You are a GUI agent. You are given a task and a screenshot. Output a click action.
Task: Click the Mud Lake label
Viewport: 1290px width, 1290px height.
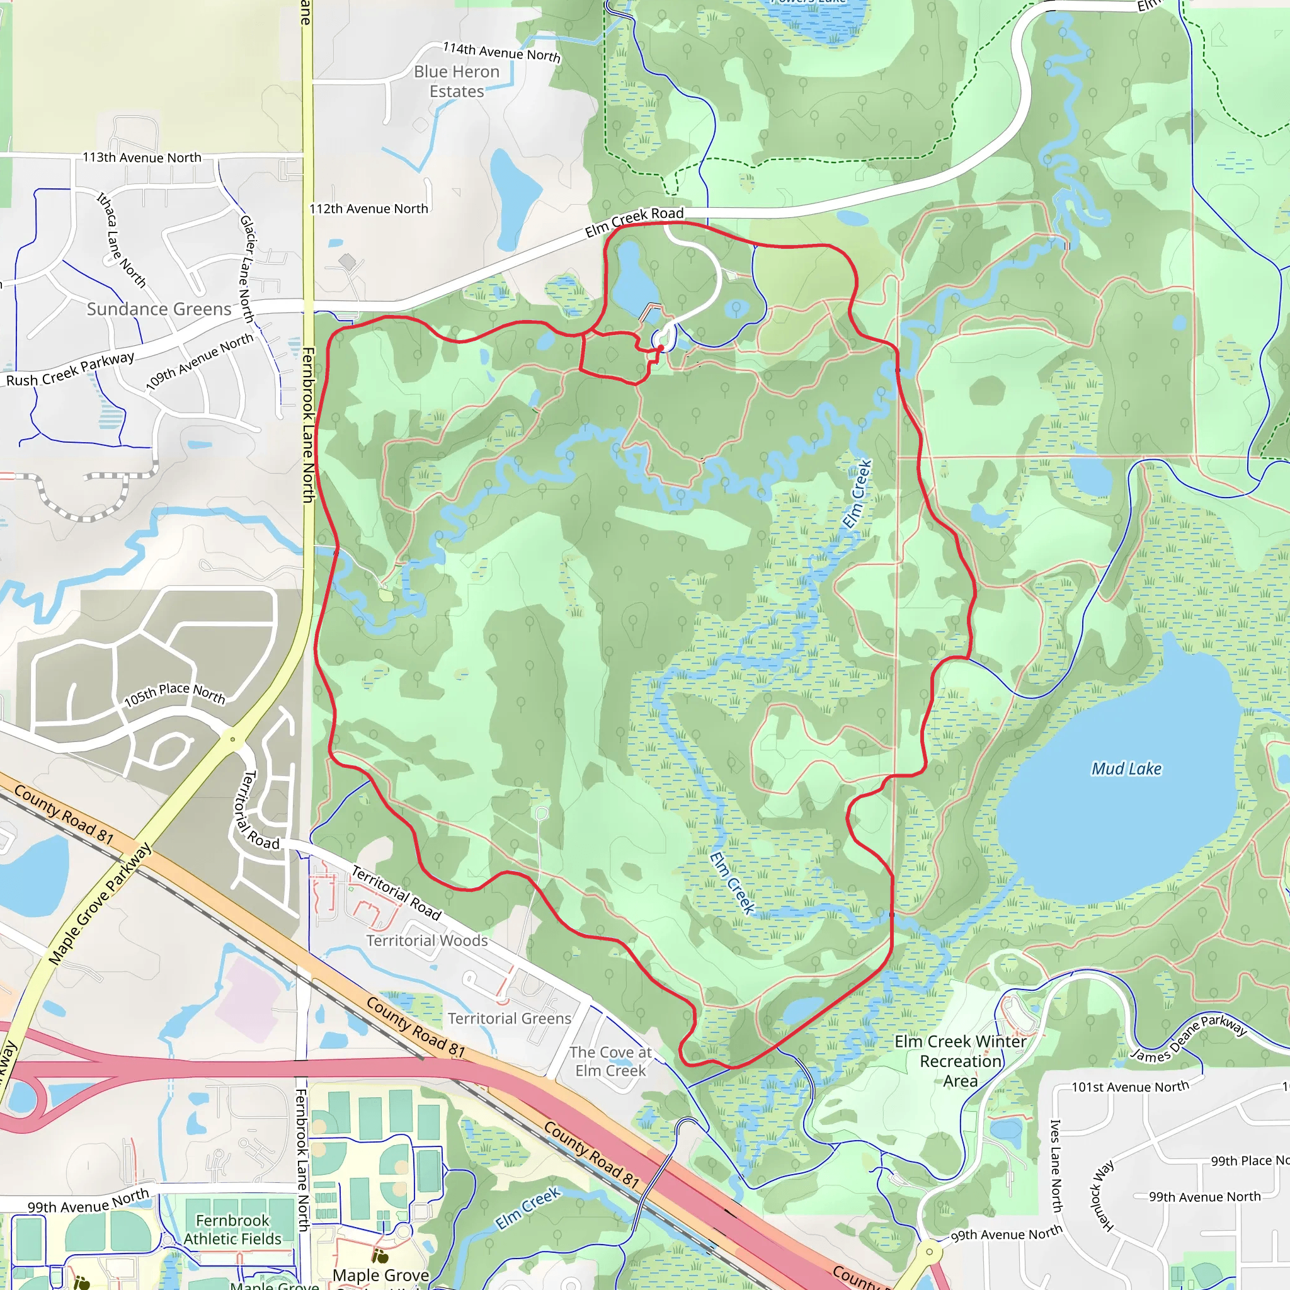[1126, 769]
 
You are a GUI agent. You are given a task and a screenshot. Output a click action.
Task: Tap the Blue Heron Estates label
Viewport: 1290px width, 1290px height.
[457, 81]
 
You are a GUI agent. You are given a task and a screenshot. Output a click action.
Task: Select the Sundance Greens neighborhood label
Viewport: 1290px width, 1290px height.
[159, 309]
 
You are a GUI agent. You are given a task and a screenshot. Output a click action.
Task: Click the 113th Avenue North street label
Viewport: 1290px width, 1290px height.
[142, 157]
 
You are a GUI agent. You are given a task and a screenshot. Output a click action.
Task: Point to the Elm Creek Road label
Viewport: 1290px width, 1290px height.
[634, 221]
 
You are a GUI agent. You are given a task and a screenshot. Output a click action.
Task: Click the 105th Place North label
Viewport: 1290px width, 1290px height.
[175, 694]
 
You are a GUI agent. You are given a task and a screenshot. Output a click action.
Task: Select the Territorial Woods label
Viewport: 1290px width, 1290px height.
[426, 940]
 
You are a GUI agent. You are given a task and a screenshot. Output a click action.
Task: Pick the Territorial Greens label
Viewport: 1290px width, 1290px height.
[510, 1019]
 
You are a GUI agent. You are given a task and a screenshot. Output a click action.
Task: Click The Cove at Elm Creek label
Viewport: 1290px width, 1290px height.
[610, 1061]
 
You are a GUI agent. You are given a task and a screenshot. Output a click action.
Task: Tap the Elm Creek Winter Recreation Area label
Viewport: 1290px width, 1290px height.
[960, 1061]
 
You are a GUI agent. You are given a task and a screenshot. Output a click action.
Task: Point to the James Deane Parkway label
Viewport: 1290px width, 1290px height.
[1189, 1038]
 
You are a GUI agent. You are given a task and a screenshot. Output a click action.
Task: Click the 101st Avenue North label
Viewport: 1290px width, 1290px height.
[1131, 1087]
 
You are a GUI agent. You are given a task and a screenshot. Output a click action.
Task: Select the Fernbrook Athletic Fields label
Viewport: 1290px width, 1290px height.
[232, 1230]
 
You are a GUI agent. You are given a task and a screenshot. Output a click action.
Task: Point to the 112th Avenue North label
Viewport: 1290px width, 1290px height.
[368, 209]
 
